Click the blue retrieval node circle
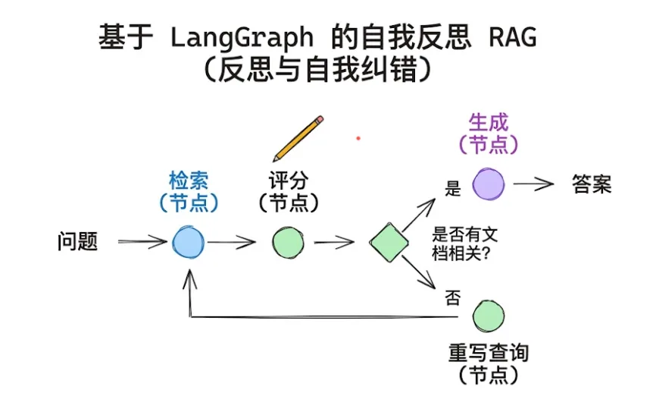tap(189, 243)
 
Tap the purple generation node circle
tap(489, 184)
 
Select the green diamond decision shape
tap(389, 243)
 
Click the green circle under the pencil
tap(288, 243)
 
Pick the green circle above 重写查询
tap(489, 316)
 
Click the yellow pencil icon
tap(298, 139)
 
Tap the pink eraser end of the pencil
tap(319, 120)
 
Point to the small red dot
tap(358, 138)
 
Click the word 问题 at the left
tap(77, 242)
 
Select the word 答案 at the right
tap(592, 184)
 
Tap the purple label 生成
tap(489, 122)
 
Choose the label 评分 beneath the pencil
tap(289, 181)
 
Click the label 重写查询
tap(489, 353)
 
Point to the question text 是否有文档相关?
tap(465, 244)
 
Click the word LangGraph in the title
tap(242, 37)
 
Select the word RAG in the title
tap(513, 37)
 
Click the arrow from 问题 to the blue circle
tap(142, 242)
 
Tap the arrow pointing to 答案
tap(533, 184)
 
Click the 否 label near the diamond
tap(452, 298)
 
